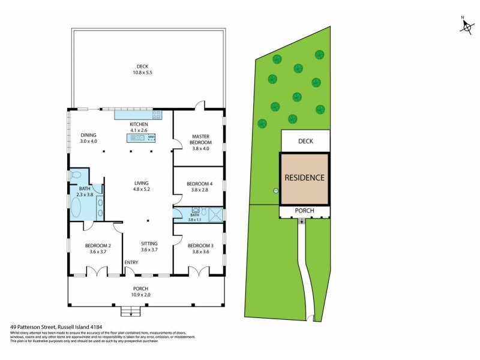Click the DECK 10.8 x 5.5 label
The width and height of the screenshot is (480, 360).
click(142, 70)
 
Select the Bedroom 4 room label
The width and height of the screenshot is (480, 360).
click(199, 187)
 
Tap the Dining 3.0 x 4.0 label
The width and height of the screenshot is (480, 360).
click(88, 138)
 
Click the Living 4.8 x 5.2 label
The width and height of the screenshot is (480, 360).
click(142, 187)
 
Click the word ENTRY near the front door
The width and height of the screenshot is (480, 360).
click(131, 263)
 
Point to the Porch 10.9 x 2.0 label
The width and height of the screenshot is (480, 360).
click(140, 292)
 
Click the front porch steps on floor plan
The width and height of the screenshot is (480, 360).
click(130, 311)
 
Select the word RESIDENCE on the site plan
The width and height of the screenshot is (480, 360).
click(304, 178)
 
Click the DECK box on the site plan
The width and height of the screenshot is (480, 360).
click(305, 142)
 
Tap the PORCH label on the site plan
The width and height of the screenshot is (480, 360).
click(304, 211)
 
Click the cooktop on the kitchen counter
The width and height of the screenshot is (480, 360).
click(157, 115)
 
